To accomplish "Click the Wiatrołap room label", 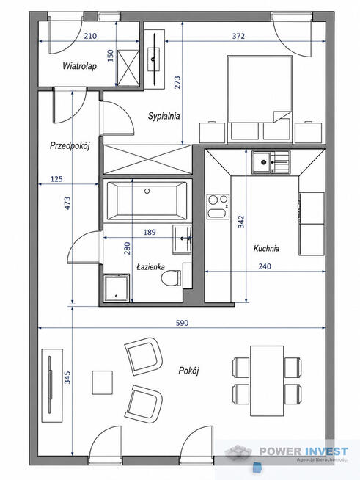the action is (79, 66).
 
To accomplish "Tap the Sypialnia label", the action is (164, 116).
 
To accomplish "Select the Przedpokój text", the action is (70, 146).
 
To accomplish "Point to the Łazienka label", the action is (150, 267).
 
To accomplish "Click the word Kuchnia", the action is (266, 248).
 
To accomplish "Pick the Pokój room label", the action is (188, 371).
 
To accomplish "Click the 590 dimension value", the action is (182, 323).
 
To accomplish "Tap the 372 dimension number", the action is (238, 36).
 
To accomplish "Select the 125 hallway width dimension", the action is (56, 179).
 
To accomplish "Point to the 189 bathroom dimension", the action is (150, 233).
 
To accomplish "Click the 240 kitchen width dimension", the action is (265, 266).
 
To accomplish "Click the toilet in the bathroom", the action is (172, 278).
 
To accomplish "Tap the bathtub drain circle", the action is (147, 192).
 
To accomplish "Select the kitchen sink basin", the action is (261, 162).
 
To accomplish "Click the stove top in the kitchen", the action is (218, 207).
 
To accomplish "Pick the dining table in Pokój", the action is (267, 381).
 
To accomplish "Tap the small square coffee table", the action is (102, 382).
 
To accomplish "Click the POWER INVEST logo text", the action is (304, 451).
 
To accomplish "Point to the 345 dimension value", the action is (67, 377).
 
